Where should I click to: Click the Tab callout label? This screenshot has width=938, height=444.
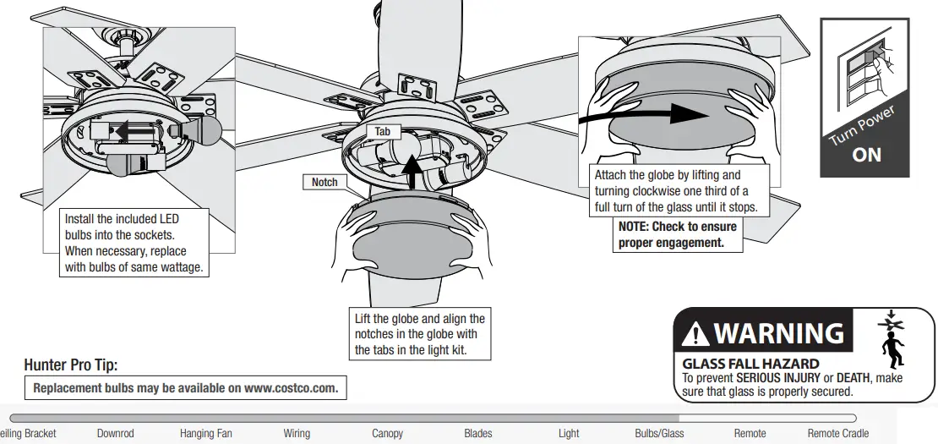click(383, 133)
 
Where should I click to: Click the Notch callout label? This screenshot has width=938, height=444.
click(324, 182)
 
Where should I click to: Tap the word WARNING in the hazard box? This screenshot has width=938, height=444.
click(778, 333)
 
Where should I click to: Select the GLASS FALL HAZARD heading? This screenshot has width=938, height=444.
click(750, 365)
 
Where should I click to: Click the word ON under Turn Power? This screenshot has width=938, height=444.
click(866, 155)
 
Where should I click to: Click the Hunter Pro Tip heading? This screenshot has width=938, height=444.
click(71, 365)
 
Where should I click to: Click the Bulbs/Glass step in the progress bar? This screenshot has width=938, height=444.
click(659, 433)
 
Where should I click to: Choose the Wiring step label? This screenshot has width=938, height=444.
click(297, 433)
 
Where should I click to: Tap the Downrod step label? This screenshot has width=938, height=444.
click(115, 433)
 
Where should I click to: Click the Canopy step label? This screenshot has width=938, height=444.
click(387, 433)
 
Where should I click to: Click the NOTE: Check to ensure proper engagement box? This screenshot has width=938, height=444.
click(678, 234)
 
